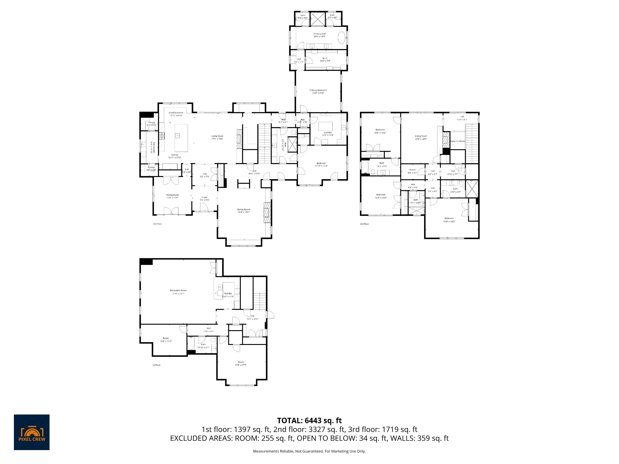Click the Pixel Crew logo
pos(32,432)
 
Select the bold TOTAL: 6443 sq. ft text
pos(309,420)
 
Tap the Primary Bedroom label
pos(318,90)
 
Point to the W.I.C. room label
pos(325,58)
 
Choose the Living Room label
pos(217,136)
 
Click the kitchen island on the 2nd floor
pos(181,138)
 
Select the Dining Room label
pos(172,195)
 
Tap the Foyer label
pos(205,197)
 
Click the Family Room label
pos(243,209)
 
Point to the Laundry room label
pos(328,133)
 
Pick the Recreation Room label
pos(178,291)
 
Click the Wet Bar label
pos(228,293)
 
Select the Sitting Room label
pos(421,136)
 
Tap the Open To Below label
pos(458,141)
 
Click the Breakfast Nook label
pos(176,112)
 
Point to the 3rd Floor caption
pos(364,224)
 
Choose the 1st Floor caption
pos(156,365)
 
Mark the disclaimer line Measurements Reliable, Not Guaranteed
pos(309,451)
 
